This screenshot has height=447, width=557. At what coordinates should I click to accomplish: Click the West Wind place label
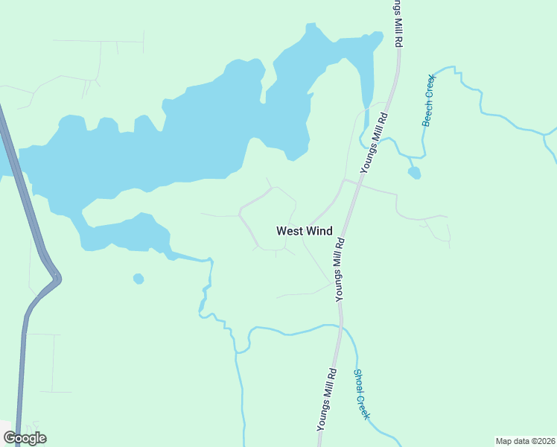304,231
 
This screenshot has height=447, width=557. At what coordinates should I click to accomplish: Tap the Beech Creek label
429,100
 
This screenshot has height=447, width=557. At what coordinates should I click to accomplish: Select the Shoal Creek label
361,394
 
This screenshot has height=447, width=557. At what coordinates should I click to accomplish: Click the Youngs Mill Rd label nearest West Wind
340,269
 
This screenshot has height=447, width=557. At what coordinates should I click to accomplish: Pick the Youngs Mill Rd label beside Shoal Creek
327,399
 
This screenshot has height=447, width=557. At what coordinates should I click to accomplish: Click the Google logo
25,438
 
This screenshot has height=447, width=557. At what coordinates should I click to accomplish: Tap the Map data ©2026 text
525,441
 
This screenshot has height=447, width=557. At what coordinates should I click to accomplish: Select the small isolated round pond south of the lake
138,279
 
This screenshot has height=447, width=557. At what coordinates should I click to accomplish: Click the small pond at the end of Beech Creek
414,173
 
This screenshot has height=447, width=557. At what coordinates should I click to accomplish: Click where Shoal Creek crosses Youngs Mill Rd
342,326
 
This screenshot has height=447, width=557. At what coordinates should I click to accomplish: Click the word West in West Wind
289,231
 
